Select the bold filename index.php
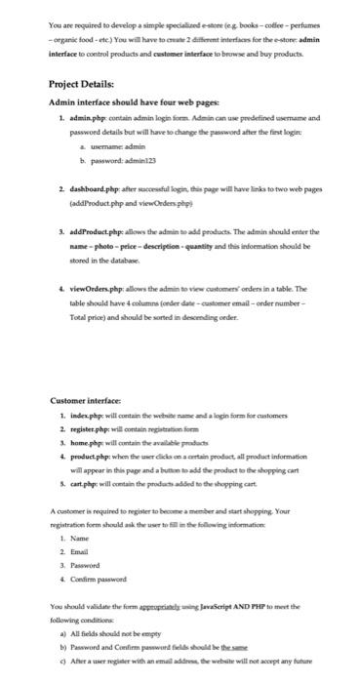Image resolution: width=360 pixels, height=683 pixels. pos(87,472)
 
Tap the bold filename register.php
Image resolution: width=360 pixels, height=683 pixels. pos(92,484)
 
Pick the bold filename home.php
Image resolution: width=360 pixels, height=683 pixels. pos(87,496)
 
